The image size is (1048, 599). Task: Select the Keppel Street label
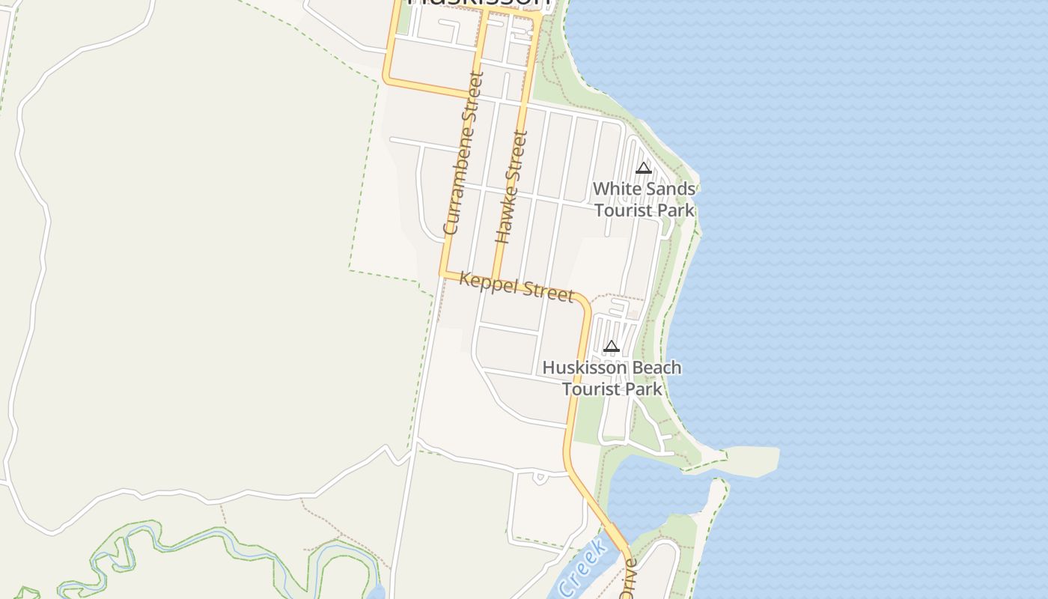(517, 287)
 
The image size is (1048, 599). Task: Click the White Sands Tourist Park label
(644, 199)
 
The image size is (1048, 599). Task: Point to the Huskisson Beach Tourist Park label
(612, 378)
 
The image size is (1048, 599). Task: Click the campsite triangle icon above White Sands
(644, 168)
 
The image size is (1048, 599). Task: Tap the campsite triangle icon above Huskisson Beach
(612, 346)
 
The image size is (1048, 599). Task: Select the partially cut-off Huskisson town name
(479, 2)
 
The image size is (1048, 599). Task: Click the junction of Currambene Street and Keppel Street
(444, 274)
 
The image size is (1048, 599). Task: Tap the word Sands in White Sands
(665, 189)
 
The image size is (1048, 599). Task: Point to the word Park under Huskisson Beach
(644, 389)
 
